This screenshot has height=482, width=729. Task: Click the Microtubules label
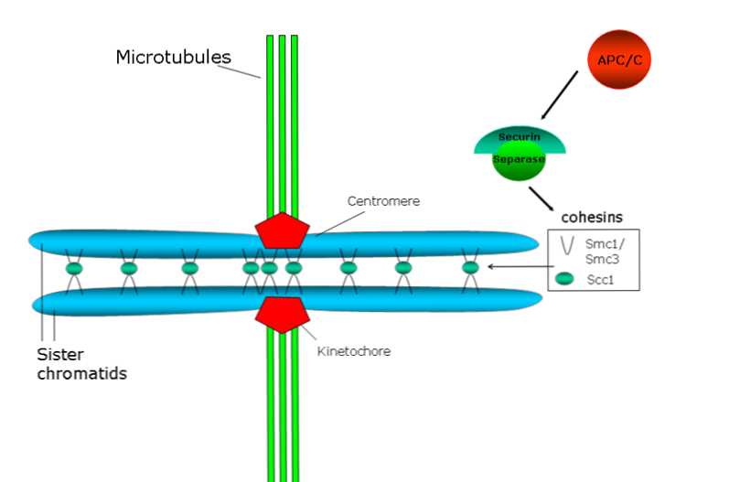(x=173, y=57)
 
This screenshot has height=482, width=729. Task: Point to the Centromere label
(x=384, y=201)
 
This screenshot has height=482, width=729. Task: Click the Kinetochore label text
(x=354, y=350)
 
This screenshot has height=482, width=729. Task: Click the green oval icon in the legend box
(x=566, y=277)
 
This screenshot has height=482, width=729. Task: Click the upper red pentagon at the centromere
(x=282, y=230)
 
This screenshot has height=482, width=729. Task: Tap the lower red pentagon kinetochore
(x=282, y=312)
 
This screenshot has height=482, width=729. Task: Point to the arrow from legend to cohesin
(x=517, y=267)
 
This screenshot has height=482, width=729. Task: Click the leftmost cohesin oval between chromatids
(x=73, y=269)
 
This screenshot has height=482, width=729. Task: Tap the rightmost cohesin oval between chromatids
(x=470, y=268)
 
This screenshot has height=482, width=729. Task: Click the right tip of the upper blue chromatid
(x=536, y=242)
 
